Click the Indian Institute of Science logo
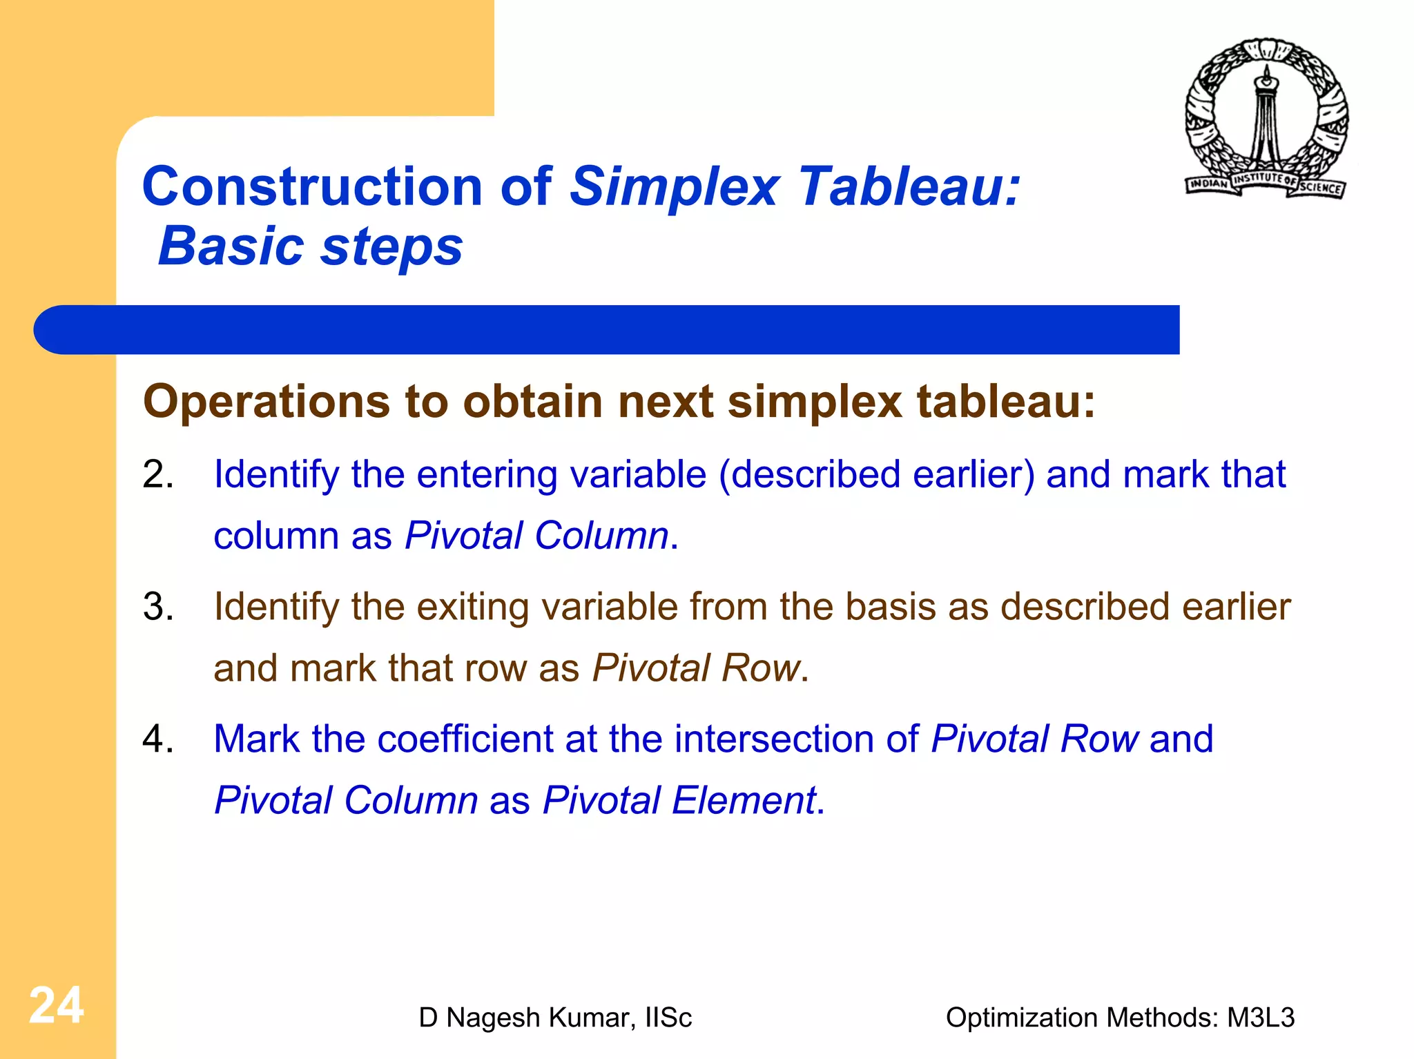1266,119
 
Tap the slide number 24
56,1005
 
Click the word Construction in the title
312,186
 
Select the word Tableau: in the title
909,186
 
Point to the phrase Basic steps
311,246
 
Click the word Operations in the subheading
267,401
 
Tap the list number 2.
157,475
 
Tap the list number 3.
157,608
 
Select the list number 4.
157,739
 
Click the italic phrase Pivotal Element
679,801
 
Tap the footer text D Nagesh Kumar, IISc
554,1018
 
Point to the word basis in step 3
890,608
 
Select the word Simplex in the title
675,186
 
